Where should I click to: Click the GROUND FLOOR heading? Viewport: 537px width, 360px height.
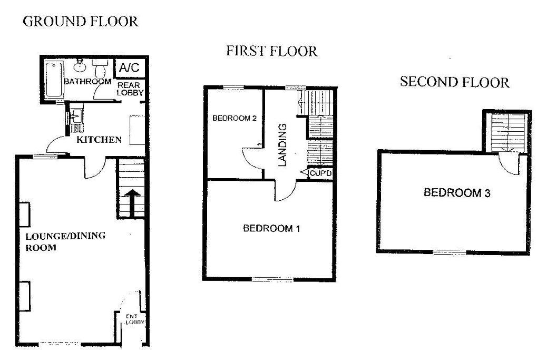[81, 22]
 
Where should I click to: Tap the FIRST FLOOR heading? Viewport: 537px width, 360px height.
[271, 51]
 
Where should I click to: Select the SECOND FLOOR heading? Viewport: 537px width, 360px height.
[454, 82]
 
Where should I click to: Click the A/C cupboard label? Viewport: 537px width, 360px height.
[129, 68]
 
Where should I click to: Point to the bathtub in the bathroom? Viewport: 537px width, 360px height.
[54, 79]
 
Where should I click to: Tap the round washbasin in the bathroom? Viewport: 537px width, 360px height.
[80, 65]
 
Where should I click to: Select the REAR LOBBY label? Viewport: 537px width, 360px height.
[129, 89]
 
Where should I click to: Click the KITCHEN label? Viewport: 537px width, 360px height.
[100, 140]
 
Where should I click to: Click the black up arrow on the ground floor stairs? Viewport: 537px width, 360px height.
[131, 200]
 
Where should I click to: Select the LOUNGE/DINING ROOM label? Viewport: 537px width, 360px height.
[66, 241]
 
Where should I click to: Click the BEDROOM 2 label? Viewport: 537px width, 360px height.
[234, 119]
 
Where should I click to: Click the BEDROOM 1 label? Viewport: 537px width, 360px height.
[271, 228]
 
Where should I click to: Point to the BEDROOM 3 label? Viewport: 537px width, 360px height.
[457, 193]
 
